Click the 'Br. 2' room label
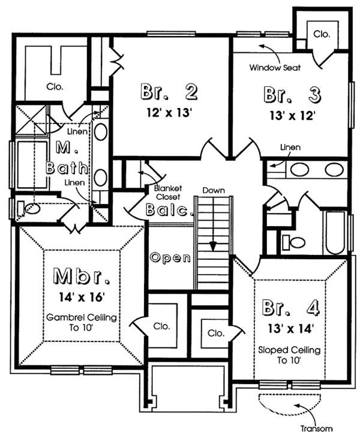(170, 92)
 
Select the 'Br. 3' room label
(292, 95)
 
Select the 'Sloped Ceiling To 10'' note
(289, 355)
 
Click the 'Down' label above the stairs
(213, 190)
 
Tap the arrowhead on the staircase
(213, 247)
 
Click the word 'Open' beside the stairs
(170, 258)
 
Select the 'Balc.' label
(170, 210)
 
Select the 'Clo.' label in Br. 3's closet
(321, 34)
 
